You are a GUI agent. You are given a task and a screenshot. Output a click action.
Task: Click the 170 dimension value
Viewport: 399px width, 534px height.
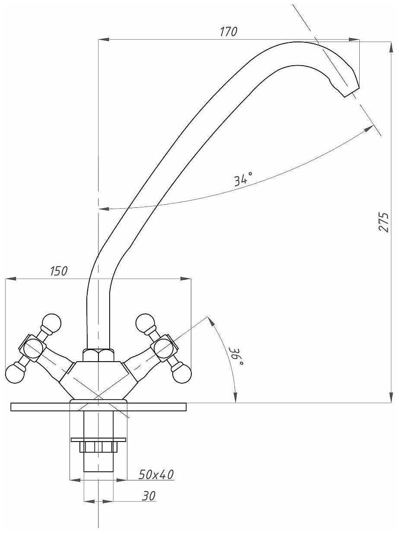click(228, 32)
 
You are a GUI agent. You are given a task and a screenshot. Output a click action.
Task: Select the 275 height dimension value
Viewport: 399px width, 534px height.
click(384, 222)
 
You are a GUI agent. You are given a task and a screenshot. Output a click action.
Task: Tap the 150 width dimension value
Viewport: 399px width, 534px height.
click(59, 271)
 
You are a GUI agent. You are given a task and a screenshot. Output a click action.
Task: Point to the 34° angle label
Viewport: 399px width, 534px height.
click(243, 179)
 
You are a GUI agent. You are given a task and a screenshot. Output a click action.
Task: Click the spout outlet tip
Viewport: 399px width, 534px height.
click(352, 92)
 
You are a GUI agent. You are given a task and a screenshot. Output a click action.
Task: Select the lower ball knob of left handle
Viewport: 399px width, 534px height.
click(15, 374)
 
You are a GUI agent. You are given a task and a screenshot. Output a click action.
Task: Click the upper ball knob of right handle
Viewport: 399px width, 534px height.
click(145, 323)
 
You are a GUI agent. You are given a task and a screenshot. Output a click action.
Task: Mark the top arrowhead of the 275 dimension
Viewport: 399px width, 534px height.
click(391, 47)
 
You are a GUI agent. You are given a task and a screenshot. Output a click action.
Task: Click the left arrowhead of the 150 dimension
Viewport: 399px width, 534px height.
click(11, 279)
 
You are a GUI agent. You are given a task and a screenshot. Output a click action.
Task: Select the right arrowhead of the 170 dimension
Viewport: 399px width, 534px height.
click(354, 39)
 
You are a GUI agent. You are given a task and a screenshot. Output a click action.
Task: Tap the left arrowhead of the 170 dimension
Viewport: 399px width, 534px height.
click(104, 39)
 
